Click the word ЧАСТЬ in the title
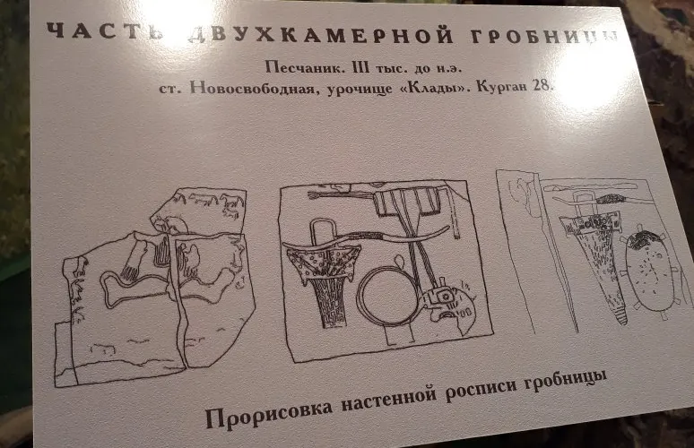105,31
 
